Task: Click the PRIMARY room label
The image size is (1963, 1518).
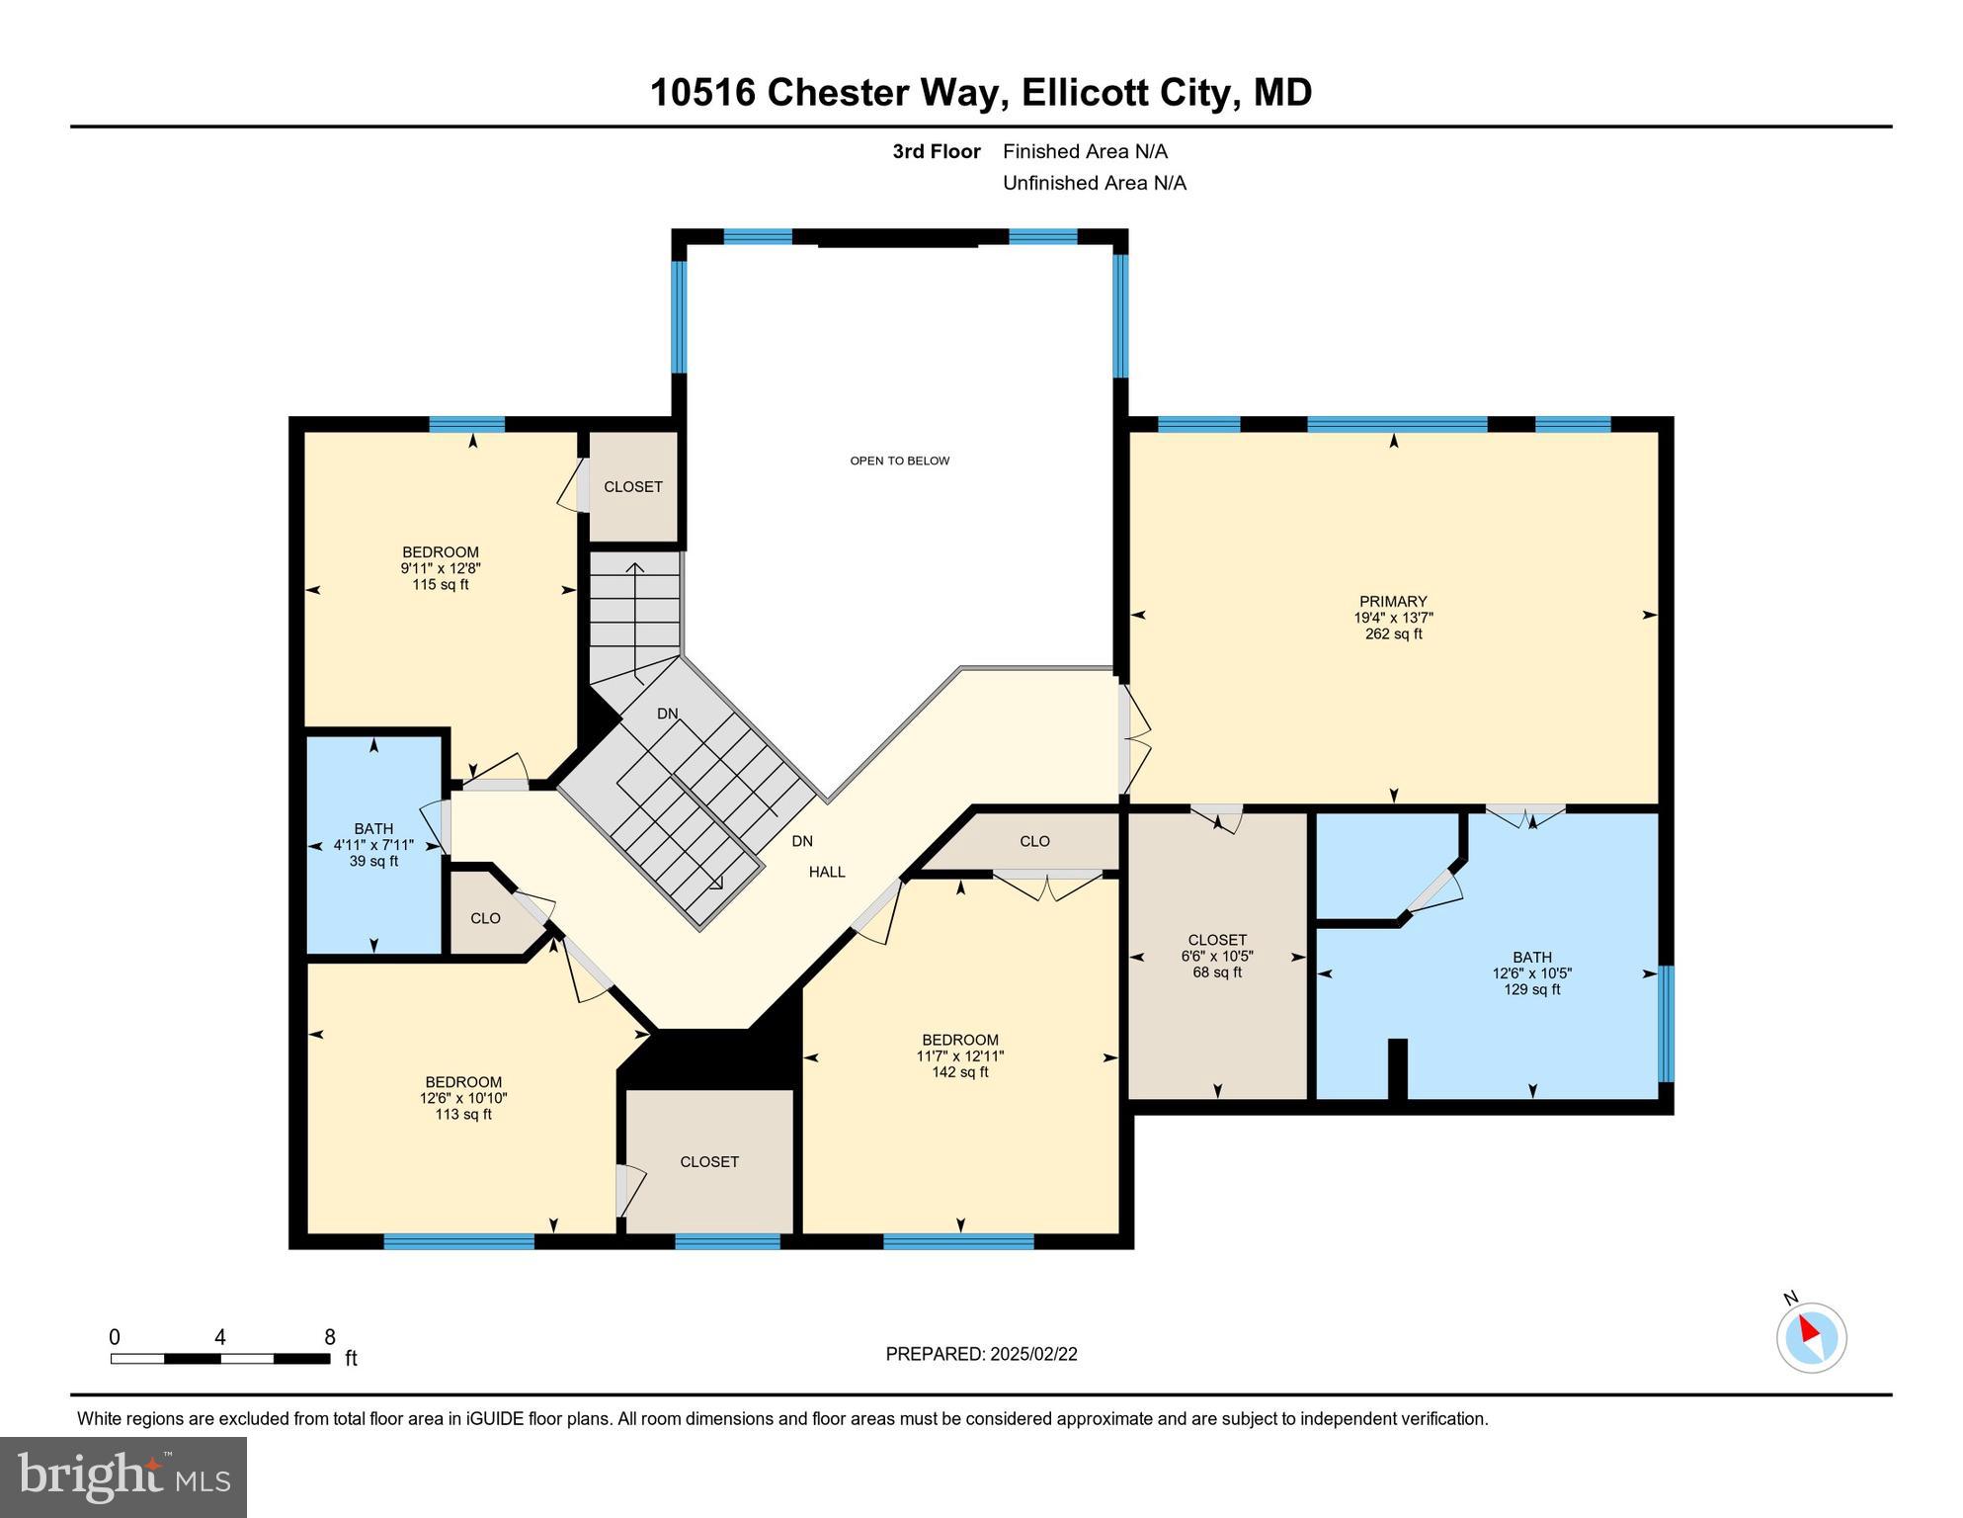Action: pyautogui.click(x=1393, y=601)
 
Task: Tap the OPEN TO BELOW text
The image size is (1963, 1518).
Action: pyautogui.click(x=899, y=461)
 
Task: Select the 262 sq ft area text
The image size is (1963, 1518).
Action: pyautogui.click(x=1393, y=633)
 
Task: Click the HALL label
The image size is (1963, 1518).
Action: pyautogui.click(x=827, y=872)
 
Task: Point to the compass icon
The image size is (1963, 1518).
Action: pyautogui.click(x=1811, y=1337)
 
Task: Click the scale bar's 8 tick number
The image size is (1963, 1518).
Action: pyautogui.click(x=330, y=1337)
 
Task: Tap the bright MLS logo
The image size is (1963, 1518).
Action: pyautogui.click(x=123, y=1476)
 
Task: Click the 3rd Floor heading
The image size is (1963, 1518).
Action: pyautogui.click(x=936, y=151)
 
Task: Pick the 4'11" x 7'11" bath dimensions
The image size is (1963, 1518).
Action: pyautogui.click(x=373, y=845)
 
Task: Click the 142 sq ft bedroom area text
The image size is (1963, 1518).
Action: pyautogui.click(x=959, y=1071)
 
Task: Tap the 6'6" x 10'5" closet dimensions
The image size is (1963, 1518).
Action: pyautogui.click(x=1217, y=956)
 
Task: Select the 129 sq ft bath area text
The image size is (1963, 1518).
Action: pyautogui.click(x=1531, y=989)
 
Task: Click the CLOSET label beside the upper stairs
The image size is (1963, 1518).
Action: pyautogui.click(x=633, y=486)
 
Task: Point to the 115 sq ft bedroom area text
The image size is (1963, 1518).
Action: pyautogui.click(x=441, y=584)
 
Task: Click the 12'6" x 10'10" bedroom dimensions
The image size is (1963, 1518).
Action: pyautogui.click(x=463, y=1098)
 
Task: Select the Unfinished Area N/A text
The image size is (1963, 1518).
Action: pyautogui.click(x=1095, y=183)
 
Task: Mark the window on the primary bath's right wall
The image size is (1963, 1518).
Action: pyautogui.click(x=1666, y=1024)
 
